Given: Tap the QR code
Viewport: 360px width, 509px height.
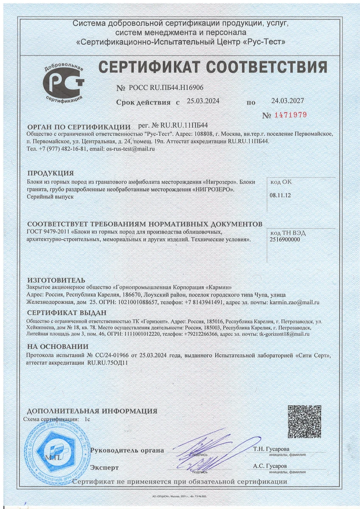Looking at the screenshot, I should [x=304, y=422].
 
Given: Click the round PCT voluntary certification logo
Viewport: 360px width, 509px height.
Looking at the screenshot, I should [x=64, y=82].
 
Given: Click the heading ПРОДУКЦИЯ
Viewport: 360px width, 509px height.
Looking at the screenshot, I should [x=51, y=173].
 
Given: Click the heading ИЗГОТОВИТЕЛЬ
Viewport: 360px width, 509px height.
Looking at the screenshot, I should [x=56, y=280].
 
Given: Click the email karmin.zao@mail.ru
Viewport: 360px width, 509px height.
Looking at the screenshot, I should [x=294, y=302].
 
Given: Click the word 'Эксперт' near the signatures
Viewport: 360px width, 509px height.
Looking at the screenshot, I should [x=104, y=467].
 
